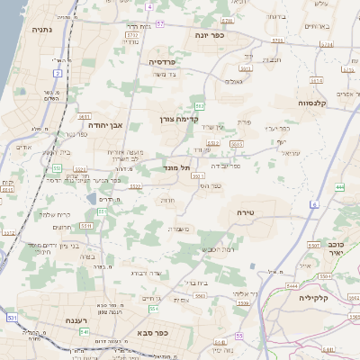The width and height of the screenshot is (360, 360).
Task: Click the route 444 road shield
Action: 340,186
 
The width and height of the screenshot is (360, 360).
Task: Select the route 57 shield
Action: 159,22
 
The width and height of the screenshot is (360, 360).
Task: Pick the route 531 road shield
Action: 12,318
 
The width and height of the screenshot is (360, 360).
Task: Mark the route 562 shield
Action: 200,106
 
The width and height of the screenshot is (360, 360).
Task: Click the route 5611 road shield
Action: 83,116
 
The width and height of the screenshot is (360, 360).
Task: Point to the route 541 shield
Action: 84,331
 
